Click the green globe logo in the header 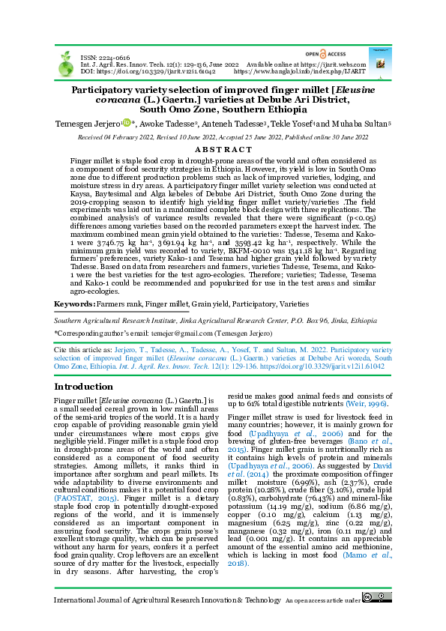click(64, 61)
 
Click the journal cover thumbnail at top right click(379, 58)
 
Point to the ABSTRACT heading click(223, 149)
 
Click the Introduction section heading click(84, 387)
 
